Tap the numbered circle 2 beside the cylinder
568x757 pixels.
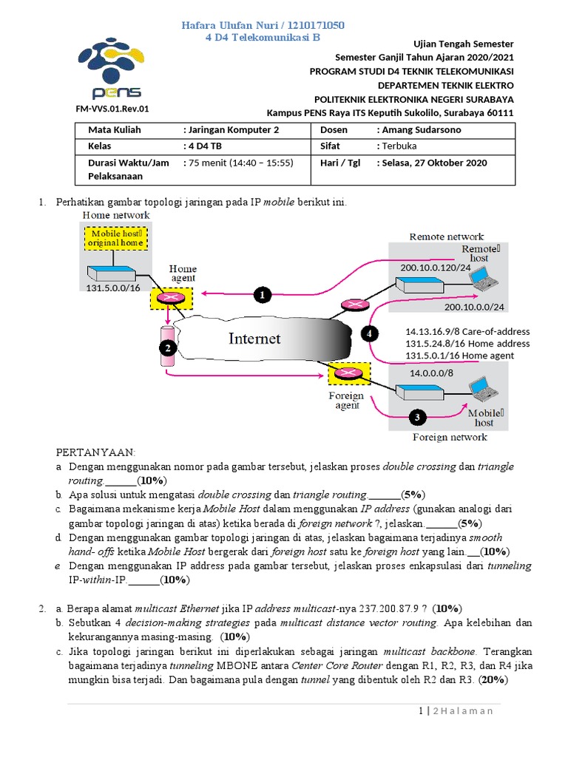(x=168, y=347)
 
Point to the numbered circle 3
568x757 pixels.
(x=417, y=418)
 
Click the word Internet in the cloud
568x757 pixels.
(x=254, y=339)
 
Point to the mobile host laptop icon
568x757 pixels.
(x=484, y=387)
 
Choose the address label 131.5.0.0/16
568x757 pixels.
(x=113, y=289)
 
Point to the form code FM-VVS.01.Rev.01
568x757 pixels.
(x=112, y=109)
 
